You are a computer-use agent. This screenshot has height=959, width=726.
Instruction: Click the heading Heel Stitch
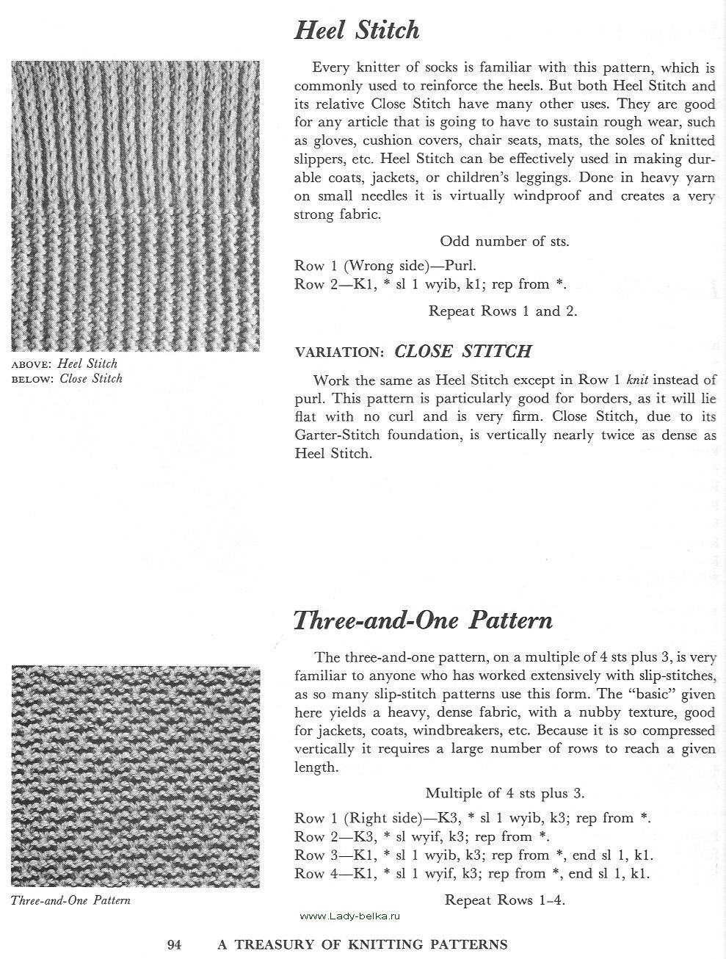pos(357,30)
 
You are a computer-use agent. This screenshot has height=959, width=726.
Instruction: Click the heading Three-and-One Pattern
pos(423,620)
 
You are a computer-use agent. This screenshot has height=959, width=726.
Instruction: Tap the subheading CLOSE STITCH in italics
pos(462,351)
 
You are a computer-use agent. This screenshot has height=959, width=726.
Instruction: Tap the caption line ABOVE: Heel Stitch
pos(65,363)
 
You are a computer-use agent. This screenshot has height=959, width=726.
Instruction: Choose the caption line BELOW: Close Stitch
pos(67,379)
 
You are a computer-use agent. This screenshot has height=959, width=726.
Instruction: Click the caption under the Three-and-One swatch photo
pos(70,900)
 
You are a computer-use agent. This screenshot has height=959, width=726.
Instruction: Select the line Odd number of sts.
pos(504,241)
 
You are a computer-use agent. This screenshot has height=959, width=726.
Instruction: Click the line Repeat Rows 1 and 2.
pos(503,311)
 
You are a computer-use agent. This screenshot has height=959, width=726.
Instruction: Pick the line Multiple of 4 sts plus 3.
pos(504,792)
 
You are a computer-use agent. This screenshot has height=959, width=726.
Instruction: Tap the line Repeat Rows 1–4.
pos(504,900)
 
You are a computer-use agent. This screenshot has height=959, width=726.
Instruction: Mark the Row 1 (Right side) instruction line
pos(473,818)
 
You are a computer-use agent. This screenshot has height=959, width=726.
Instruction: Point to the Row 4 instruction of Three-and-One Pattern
pos(473,873)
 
